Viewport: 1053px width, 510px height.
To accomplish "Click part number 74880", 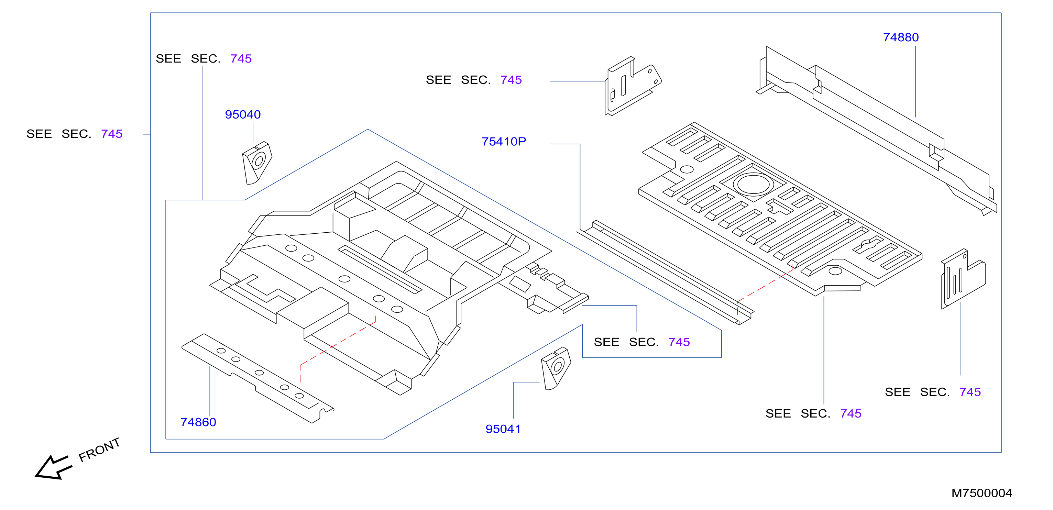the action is pyautogui.click(x=900, y=37).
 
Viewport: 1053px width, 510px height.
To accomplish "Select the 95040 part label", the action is pyautogui.click(x=243, y=114).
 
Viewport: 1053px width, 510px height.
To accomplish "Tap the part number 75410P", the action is pyautogui.click(x=504, y=141).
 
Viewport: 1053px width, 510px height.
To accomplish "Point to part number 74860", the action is pyautogui.click(x=198, y=422).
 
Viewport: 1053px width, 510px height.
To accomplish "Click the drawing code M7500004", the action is pyautogui.click(x=981, y=493).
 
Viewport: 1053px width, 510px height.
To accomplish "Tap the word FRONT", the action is pyautogui.click(x=99, y=450).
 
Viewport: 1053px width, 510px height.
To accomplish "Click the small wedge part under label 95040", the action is pyautogui.click(x=257, y=163).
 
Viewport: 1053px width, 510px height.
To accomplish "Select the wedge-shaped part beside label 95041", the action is pyautogui.click(x=556, y=368).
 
